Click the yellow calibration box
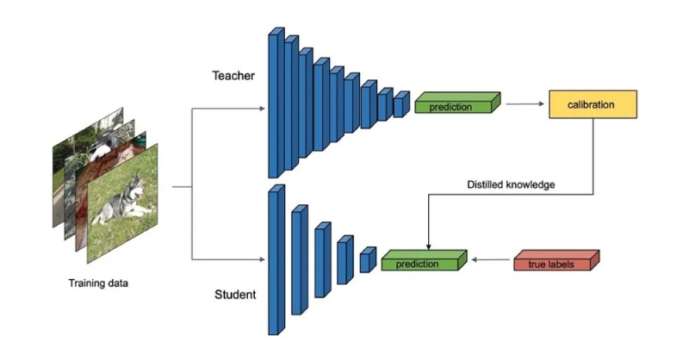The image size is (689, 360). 592,105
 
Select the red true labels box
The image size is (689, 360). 556,261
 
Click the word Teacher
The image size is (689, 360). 234,76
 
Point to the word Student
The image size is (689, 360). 234,295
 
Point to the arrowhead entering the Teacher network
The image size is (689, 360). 264,109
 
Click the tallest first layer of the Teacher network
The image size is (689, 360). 276,105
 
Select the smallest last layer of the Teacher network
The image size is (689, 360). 400,104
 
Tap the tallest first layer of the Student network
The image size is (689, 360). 276,258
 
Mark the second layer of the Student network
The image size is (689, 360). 299,258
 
